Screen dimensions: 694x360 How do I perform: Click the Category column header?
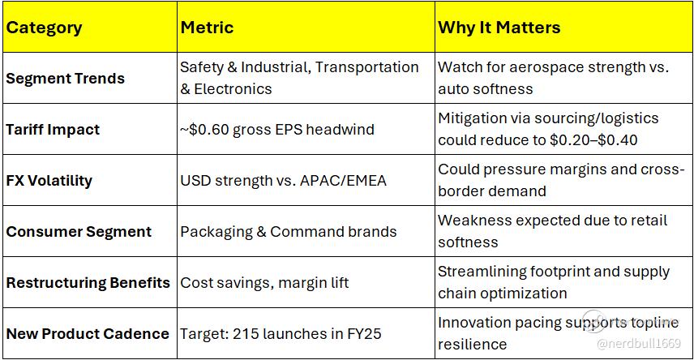coord(44,28)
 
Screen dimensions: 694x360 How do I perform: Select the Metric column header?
coord(207,28)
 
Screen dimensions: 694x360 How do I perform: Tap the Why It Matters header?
coord(499,28)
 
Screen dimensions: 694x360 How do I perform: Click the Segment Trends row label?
coord(65,79)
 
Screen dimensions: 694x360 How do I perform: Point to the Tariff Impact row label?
coord(53,130)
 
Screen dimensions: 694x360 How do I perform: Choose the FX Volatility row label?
coord(49,181)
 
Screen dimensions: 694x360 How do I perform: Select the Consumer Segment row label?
coord(79,232)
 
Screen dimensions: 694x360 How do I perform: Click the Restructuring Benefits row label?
coord(88,282)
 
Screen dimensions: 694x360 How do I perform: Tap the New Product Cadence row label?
coord(88,333)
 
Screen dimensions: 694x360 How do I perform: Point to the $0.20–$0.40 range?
coord(593,140)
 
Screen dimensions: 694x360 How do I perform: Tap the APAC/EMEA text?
coord(343,181)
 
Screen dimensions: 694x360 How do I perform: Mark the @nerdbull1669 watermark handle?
coord(639,343)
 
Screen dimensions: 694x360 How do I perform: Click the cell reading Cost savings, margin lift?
coord(264,282)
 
